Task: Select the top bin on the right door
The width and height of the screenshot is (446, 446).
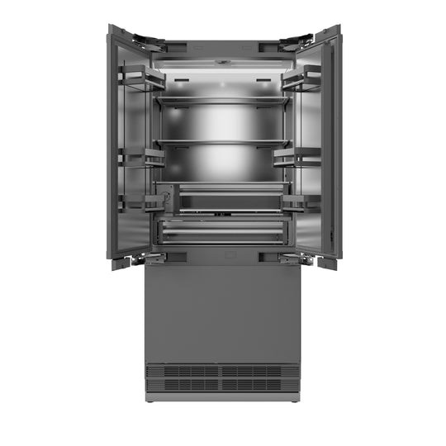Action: pos(304,80)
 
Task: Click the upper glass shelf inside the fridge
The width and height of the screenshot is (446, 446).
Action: pos(222,101)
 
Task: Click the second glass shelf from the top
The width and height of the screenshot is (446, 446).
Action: pos(222,141)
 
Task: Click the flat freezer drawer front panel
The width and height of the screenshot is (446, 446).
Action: pos(222,310)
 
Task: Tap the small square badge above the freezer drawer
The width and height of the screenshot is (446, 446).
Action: pos(222,257)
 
